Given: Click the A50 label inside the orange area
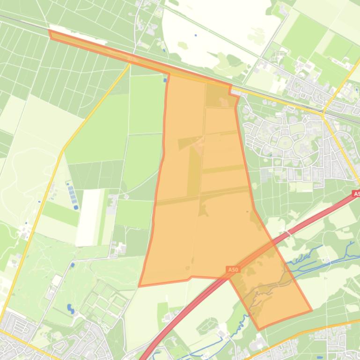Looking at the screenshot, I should pyautogui.click(x=233, y=270).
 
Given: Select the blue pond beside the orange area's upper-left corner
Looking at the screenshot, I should pyautogui.click(x=165, y=80).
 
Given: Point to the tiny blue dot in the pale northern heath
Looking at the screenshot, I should pyautogui.click(x=196, y=35).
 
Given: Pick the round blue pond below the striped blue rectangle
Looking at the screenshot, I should pyautogui.click(x=76, y=207).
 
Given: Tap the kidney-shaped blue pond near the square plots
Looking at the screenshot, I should pyautogui.click(x=70, y=309).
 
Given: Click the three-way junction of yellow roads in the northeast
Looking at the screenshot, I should pyautogui.click(x=323, y=114).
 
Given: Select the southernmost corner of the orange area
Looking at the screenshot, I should pyautogui.click(x=259, y=330).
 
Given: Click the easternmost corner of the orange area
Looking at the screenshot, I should pyautogui.click(x=311, y=310).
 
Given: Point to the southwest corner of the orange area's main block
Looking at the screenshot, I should pyautogui.click(x=140, y=286).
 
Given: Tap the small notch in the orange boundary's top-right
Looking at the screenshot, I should pyautogui.click(x=231, y=91).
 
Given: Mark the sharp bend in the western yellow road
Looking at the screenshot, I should pyautogui.click(x=63, y=151).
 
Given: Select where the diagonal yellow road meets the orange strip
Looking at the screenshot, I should pyautogui.click(x=131, y=61).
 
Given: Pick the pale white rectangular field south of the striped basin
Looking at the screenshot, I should pyautogui.click(x=89, y=217).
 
